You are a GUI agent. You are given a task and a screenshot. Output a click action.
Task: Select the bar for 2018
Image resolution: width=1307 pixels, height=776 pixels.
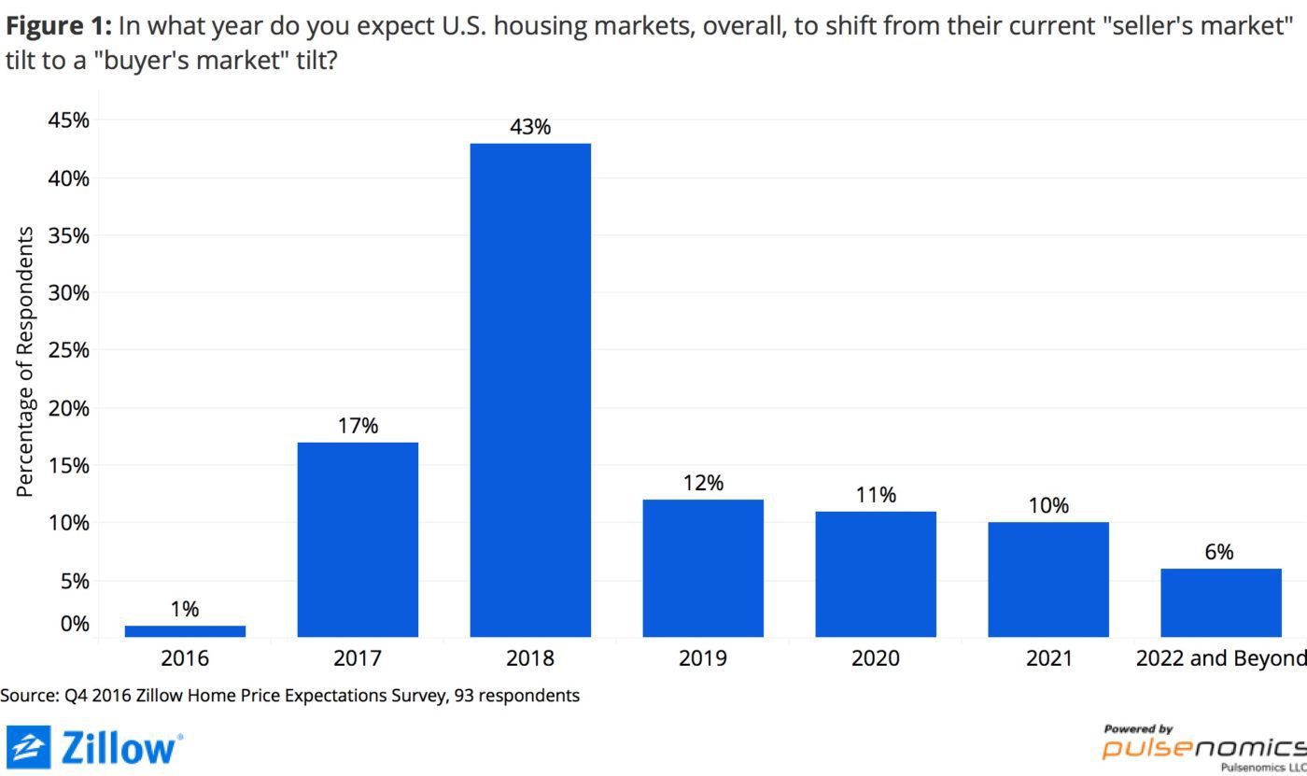(x=530, y=390)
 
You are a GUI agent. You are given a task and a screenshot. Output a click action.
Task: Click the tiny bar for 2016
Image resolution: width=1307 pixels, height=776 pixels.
(x=185, y=631)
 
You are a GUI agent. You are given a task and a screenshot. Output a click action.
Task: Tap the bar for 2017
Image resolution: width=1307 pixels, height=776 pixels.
(x=358, y=540)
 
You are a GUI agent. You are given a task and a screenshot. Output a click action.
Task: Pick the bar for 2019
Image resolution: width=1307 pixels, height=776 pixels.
(x=703, y=568)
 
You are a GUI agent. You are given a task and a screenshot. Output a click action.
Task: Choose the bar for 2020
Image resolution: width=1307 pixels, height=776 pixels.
(x=876, y=574)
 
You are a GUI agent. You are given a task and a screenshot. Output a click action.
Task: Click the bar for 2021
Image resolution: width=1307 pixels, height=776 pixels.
(x=1048, y=579)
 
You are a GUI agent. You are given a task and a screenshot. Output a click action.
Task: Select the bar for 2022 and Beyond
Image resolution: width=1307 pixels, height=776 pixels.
(x=1220, y=602)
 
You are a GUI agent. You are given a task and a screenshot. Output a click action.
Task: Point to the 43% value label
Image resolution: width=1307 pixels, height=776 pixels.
(x=530, y=127)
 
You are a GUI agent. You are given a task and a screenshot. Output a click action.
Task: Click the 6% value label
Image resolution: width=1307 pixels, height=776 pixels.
(x=1219, y=552)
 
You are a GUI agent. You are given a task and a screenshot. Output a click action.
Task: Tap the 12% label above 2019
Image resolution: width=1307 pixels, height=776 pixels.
(x=703, y=483)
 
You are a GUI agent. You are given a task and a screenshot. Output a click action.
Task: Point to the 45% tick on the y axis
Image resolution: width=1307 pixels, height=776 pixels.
(x=68, y=120)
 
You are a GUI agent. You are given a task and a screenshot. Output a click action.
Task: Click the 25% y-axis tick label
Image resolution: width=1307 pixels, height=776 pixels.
(x=68, y=350)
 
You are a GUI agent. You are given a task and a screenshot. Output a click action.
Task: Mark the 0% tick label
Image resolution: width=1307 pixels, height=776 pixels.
(x=73, y=623)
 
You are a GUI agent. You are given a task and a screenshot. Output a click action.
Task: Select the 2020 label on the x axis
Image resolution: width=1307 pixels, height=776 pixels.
(x=876, y=658)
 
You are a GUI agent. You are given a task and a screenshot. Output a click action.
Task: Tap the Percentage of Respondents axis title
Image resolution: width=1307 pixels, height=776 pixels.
(x=25, y=361)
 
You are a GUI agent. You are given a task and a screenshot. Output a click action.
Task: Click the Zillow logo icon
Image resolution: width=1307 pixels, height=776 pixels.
(x=27, y=747)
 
